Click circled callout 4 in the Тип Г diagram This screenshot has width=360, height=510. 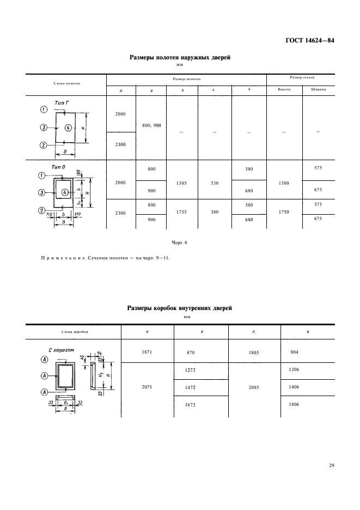point(68,128)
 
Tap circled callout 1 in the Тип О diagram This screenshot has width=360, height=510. point(41,175)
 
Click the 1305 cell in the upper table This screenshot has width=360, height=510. point(182,183)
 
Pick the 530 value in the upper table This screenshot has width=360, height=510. point(215,183)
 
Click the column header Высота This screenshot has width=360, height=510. point(283,90)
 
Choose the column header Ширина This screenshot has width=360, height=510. point(319,90)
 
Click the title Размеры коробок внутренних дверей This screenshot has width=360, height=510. point(179,308)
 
